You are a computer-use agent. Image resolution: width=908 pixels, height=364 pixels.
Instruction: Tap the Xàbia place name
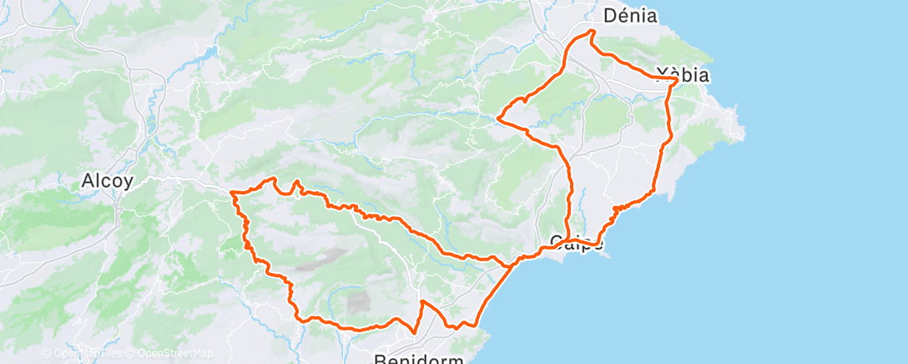point(683,74)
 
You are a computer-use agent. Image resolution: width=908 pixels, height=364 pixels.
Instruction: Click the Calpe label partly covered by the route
point(576,243)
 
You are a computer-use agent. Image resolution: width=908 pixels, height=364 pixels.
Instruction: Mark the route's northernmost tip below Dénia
point(592,31)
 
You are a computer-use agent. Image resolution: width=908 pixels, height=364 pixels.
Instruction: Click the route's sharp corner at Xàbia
point(676,78)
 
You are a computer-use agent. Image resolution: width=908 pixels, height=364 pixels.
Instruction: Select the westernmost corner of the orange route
point(231,193)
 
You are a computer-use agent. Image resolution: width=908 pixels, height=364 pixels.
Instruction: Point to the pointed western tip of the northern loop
point(498,119)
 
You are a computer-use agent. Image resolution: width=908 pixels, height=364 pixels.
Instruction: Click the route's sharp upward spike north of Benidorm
point(422,301)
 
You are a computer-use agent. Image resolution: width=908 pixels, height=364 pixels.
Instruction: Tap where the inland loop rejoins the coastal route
point(511,265)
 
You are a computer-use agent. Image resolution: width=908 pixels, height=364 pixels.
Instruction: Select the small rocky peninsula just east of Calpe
point(606,250)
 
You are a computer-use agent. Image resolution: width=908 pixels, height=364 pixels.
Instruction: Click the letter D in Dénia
point(609,15)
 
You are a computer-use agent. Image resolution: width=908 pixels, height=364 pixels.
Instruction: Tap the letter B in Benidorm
point(380,357)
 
